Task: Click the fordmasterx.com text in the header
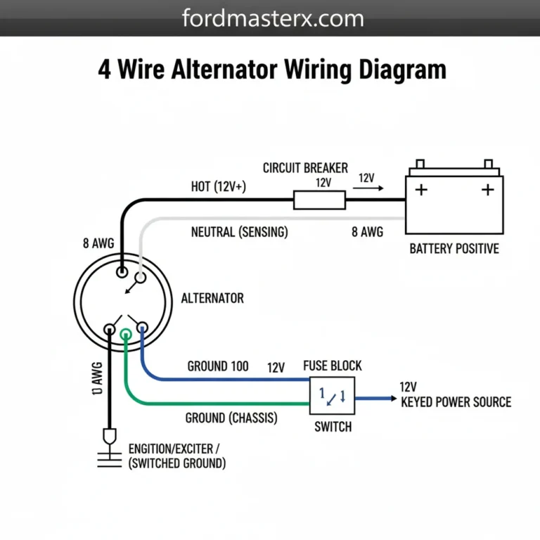pos(272,18)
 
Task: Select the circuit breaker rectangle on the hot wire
pos(319,201)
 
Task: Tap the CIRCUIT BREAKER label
pos(305,168)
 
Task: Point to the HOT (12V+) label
pos(219,187)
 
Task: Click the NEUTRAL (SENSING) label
pos(239,232)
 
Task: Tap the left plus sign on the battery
pos(421,190)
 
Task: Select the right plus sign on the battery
pos(487,190)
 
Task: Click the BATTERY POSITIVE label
pos(454,249)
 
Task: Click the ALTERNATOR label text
pos(212,298)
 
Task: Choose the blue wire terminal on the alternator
pos(142,327)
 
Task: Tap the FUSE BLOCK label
pos(333,366)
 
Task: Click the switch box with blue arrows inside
pos(333,395)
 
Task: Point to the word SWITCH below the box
pos(333,427)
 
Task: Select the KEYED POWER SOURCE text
pos(456,402)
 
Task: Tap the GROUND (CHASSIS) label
pos(231,418)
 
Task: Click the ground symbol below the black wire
pos(108,450)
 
